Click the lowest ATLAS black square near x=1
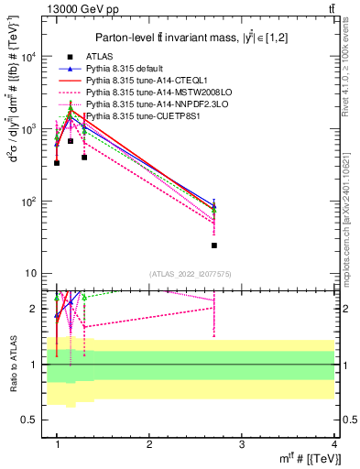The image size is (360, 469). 57,163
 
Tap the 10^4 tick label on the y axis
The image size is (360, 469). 28,57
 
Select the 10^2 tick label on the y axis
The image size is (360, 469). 28,202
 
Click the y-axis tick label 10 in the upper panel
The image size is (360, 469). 31,274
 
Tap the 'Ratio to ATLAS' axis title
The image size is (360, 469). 12,364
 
